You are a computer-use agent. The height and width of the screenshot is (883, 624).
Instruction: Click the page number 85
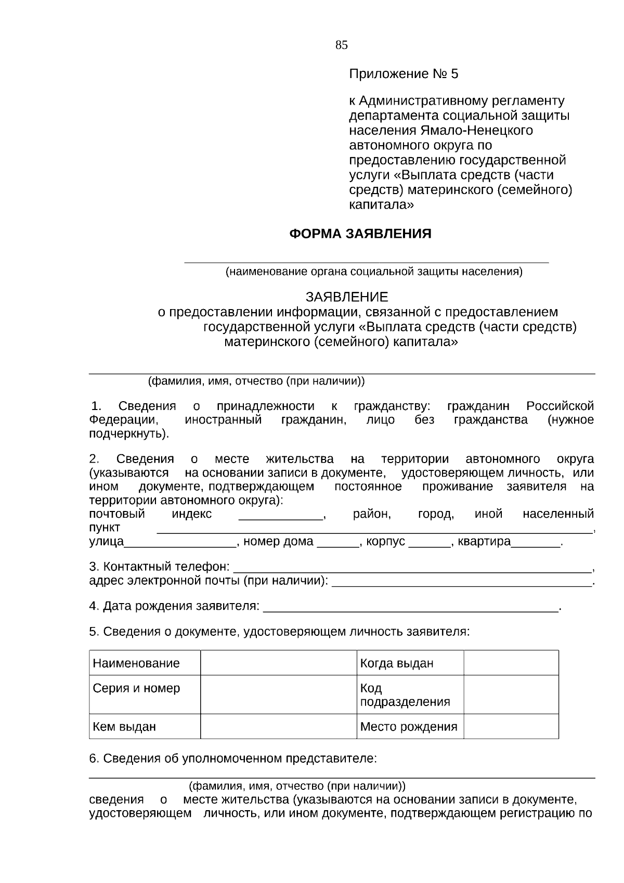click(341, 45)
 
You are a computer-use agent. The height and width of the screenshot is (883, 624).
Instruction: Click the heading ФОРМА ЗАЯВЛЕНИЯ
click(360, 234)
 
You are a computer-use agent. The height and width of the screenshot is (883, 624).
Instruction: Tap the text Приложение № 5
click(404, 74)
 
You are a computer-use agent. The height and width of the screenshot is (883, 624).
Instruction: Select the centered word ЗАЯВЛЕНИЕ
click(346, 297)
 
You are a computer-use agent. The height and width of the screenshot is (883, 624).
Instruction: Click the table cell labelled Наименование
click(136, 663)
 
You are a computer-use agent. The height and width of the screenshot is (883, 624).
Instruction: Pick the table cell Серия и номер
click(136, 688)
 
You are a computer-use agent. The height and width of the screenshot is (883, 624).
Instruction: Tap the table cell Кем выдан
click(124, 726)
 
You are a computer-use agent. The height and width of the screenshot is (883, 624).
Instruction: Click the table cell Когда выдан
click(397, 663)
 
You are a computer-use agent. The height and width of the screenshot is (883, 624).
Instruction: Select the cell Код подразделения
click(405, 695)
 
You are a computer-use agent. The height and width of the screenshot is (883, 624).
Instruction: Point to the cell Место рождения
click(409, 726)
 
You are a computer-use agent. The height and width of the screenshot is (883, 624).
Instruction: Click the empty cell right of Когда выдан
click(511, 663)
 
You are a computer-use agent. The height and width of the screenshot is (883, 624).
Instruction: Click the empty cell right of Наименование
click(278, 663)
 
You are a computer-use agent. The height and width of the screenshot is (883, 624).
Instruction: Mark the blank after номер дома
click(337, 543)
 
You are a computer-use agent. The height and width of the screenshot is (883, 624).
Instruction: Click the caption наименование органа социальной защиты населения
click(373, 272)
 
